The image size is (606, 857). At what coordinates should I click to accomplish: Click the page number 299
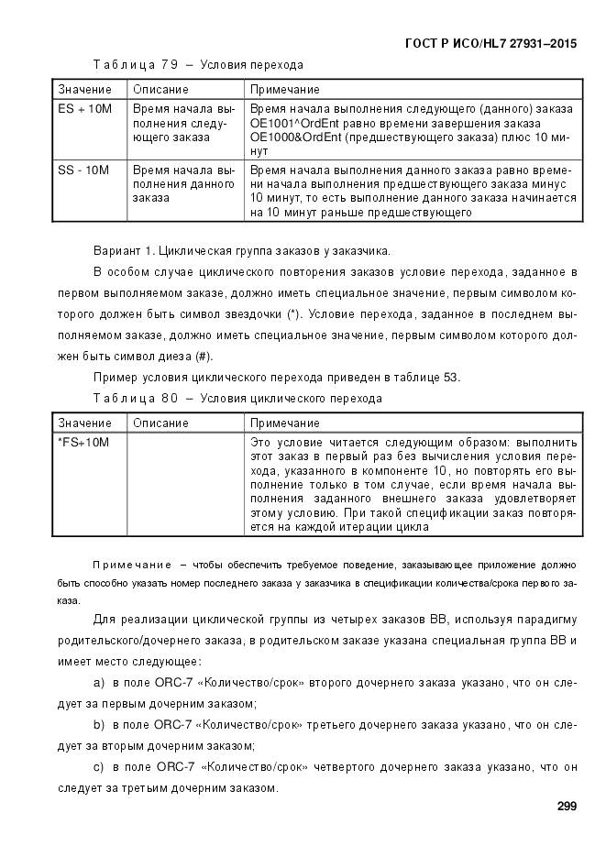point(566,806)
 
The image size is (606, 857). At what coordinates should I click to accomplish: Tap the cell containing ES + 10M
point(84,109)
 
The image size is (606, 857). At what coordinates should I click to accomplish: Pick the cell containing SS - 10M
point(83,170)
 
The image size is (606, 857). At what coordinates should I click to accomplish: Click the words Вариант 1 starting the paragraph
point(125,250)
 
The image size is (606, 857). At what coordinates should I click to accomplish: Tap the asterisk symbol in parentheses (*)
point(292,314)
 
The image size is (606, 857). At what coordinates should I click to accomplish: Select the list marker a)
point(99,683)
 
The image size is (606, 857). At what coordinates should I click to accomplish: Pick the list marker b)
point(99,725)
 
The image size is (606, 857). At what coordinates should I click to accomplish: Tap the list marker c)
point(99,767)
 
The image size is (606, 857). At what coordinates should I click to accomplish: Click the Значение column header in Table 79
point(84,89)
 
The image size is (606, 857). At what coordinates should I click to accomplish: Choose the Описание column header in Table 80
point(160,423)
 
